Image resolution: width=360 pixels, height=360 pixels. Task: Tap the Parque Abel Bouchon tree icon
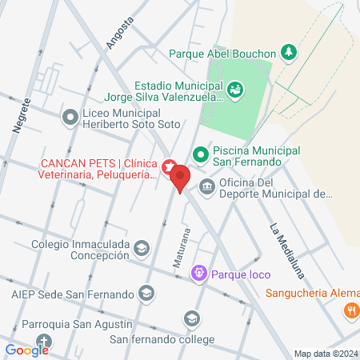pos(289,54)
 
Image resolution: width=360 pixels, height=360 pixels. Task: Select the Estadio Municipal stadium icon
pos(234,90)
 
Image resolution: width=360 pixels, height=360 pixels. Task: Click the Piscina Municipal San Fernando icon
pos(201,152)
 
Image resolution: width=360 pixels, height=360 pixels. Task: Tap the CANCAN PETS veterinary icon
pos(169,167)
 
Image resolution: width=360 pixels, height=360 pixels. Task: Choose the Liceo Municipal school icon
pos(70,118)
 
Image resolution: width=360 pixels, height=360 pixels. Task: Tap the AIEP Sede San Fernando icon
pos(146,294)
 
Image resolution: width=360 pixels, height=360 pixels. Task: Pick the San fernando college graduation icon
pos(190,320)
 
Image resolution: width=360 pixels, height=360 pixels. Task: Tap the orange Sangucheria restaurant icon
pos(350,310)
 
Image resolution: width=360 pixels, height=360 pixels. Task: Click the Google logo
pos(26,350)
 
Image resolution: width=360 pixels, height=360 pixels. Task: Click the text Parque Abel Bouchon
pos(222,54)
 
